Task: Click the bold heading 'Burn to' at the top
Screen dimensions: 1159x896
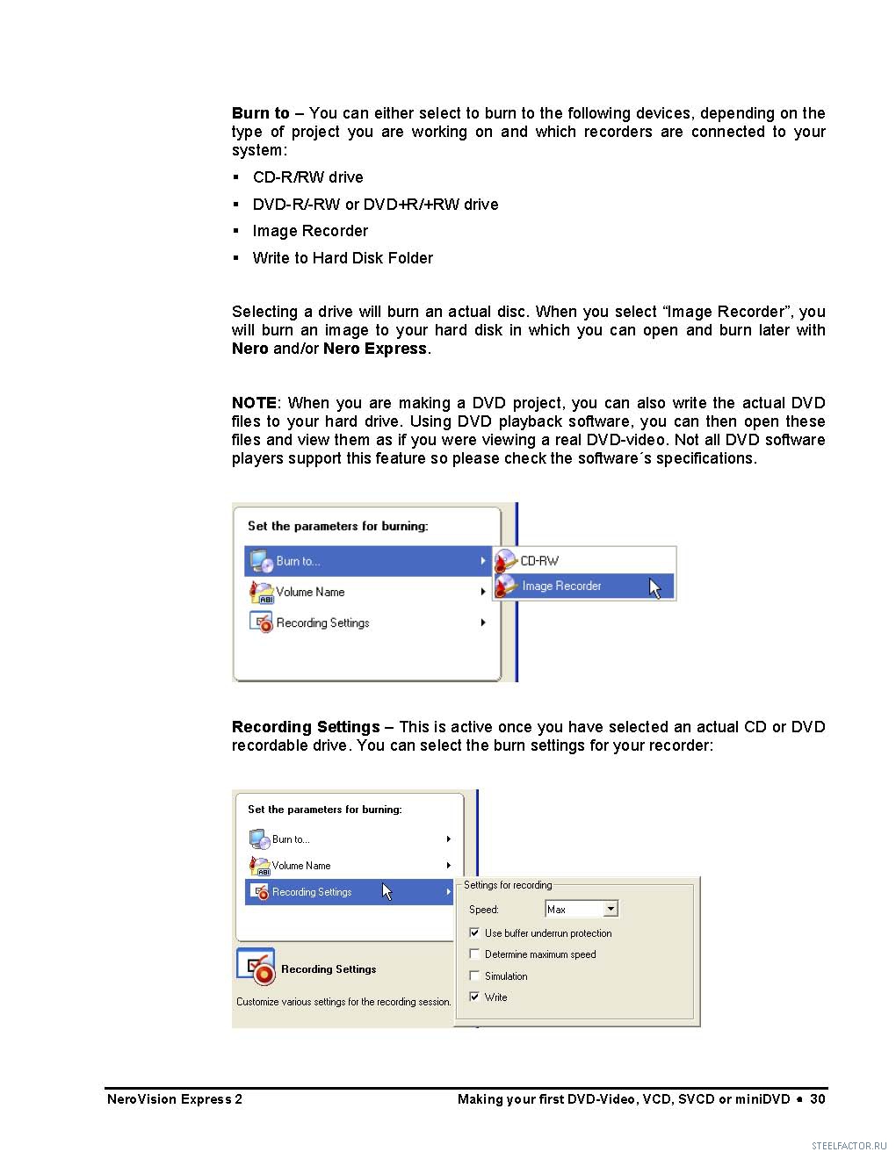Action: [260, 113]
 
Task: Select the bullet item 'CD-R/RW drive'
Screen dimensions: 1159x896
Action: [307, 177]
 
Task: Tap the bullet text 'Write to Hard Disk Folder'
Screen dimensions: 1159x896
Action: [343, 258]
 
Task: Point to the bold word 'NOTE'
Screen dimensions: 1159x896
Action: [254, 403]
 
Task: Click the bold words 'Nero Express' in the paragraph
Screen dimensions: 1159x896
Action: [375, 349]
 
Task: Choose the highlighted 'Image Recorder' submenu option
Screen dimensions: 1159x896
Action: [561, 587]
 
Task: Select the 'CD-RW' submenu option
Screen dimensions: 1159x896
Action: [538, 561]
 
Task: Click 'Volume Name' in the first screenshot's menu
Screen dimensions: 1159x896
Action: [310, 593]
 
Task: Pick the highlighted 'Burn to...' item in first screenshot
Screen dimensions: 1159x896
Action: [299, 562]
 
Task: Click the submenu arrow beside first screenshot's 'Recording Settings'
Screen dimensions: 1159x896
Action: [483, 623]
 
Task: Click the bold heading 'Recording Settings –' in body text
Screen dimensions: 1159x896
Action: [312, 727]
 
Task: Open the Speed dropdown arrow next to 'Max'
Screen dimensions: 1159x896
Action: [611, 910]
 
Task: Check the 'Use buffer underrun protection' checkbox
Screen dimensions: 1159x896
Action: [475, 933]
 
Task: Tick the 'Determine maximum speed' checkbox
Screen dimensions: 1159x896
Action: [475, 954]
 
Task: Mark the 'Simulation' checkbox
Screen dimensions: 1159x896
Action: [475, 976]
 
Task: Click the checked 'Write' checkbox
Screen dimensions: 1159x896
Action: [475, 997]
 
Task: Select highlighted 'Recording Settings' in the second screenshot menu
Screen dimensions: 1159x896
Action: [312, 893]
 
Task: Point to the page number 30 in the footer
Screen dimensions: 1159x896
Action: [818, 1099]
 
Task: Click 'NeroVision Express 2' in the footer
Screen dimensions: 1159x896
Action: [175, 1099]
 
